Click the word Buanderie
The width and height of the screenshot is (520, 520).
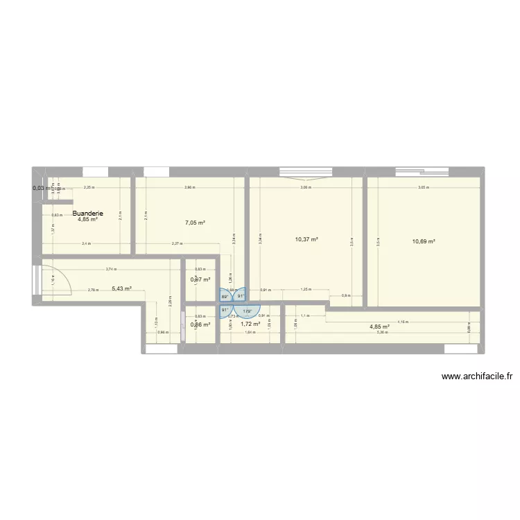tap(87, 214)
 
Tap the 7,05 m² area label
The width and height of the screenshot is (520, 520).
tap(195, 223)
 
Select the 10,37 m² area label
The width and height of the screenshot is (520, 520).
tap(306, 239)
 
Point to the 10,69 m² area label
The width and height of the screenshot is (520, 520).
tap(424, 241)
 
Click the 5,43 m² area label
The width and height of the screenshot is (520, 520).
tap(121, 288)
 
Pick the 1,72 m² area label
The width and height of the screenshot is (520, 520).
tap(250, 323)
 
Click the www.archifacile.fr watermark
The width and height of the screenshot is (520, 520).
tap(476, 377)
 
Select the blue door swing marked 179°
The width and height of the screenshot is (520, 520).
tap(247, 311)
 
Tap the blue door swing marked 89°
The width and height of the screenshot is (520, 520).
tap(225, 296)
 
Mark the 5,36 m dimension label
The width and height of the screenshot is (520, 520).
tap(381, 333)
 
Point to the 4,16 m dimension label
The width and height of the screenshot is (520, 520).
tap(403, 322)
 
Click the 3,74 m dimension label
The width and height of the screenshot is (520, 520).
tap(110, 270)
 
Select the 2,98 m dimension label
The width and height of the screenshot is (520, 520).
tap(190, 187)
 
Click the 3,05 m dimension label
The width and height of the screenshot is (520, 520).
tap(422, 187)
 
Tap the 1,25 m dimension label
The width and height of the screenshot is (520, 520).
tap(304, 290)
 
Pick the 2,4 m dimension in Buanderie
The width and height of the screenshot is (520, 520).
tap(85, 243)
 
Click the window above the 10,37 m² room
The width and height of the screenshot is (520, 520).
tap(306, 172)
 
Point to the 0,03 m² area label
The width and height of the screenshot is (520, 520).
tap(40, 188)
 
